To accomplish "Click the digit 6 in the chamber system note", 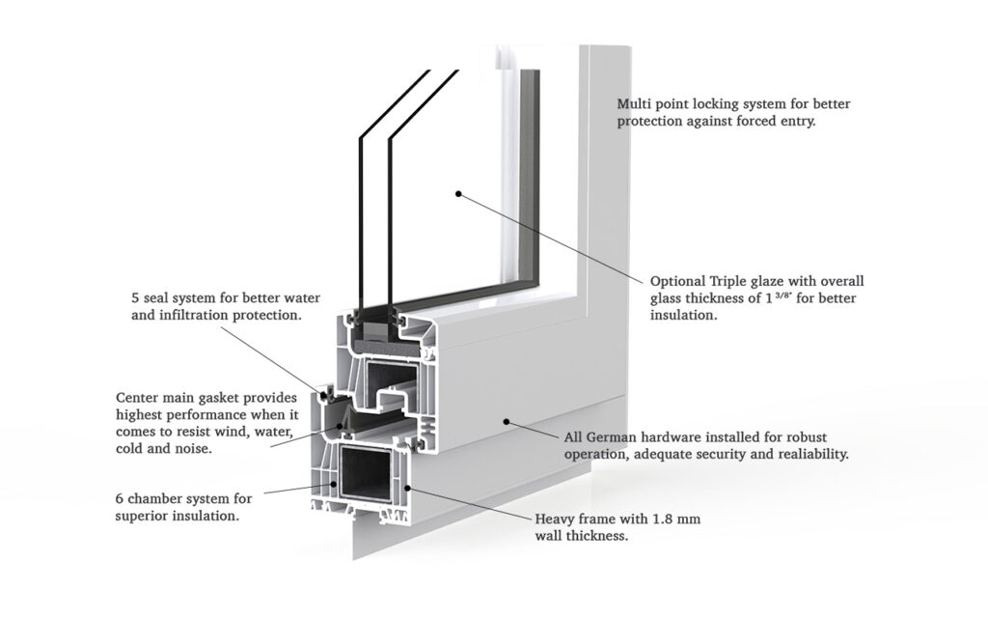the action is pos(120,499).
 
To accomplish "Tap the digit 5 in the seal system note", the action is pos(135,297).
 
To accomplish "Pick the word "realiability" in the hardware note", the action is pos(812,454).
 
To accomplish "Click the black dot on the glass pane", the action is pos(458,194).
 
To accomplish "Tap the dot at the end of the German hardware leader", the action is pos(505,421).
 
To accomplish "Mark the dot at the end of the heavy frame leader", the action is pos(408,487).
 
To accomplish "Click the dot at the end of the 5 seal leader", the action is pos(326,395).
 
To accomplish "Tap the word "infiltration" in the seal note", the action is pos(194,315).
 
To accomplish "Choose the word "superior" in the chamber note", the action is pos(139,517).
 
